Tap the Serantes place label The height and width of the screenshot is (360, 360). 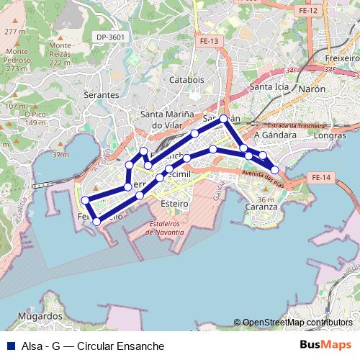(x=102, y=94)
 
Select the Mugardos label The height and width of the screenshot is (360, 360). (x=40, y=316)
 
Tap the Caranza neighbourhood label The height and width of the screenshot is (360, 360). (x=261, y=207)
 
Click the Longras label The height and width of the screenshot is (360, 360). (x=330, y=135)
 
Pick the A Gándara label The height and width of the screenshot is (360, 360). (x=276, y=135)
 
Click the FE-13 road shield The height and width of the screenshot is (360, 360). (x=210, y=42)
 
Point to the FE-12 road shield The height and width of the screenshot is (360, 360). (x=308, y=12)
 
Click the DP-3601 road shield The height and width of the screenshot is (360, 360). (x=110, y=37)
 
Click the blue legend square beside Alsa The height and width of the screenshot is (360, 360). (x=9, y=346)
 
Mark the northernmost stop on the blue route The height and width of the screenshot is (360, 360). (x=224, y=119)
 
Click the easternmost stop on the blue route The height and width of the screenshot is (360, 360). (x=274, y=170)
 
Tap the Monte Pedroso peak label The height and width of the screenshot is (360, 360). (x=16, y=55)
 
